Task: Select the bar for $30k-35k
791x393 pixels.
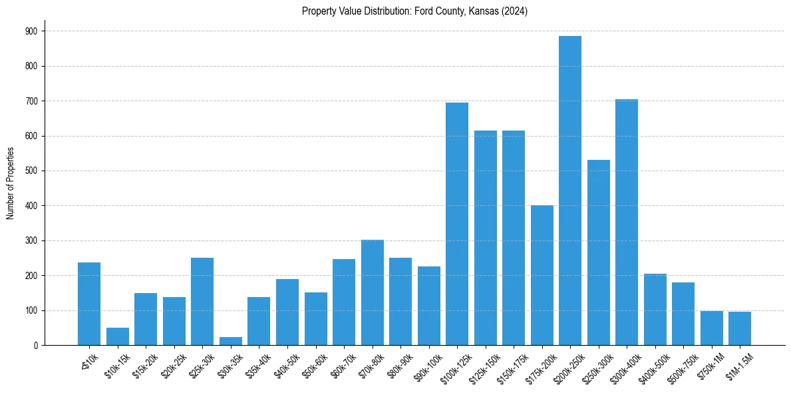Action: pyautogui.click(x=231, y=341)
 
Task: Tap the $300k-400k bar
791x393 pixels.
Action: pyautogui.click(x=627, y=222)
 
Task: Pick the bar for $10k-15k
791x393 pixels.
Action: pyautogui.click(x=118, y=336)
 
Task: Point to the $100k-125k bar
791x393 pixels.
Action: pyautogui.click(x=457, y=224)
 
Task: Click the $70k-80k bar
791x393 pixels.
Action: pyautogui.click(x=372, y=292)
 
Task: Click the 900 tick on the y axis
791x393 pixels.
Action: pyautogui.click(x=32, y=31)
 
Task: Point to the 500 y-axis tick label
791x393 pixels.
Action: pyautogui.click(x=32, y=171)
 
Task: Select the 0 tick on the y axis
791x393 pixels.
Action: pyautogui.click(x=36, y=346)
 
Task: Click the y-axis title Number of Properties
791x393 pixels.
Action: pyautogui.click(x=11, y=184)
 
